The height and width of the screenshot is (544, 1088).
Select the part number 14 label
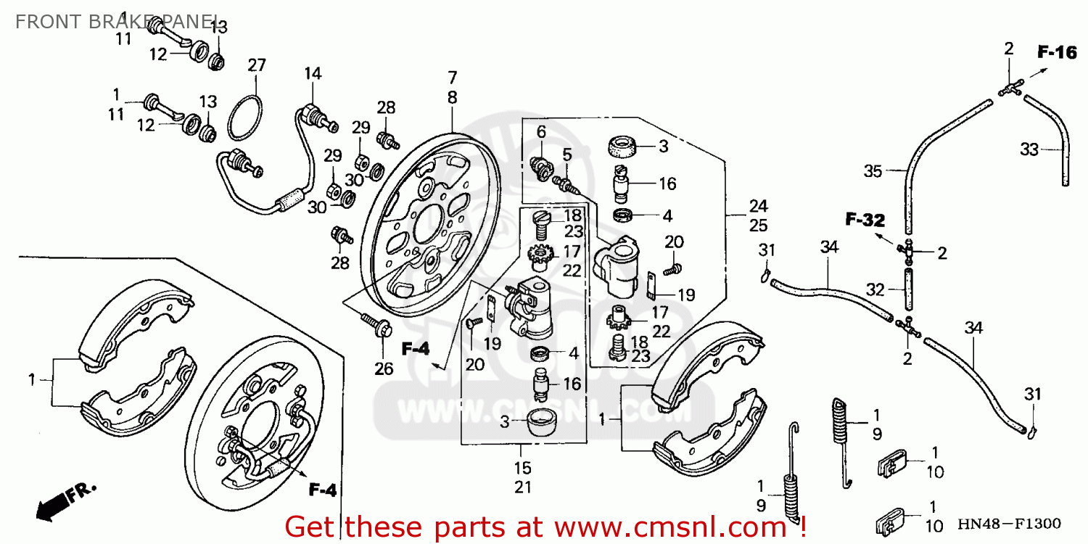[x=313, y=74]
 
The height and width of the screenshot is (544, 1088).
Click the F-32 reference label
[x=865, y=219]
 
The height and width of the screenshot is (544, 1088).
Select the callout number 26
[x=384, y=368]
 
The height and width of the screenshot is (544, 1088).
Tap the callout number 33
[x=1029, y=150]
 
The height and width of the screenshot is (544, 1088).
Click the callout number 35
[x=874, y=172]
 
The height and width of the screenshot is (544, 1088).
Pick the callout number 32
[x=875, y=290]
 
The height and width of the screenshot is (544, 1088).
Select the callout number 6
[x=541, y=131]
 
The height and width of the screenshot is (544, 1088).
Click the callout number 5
[x=566, y=154]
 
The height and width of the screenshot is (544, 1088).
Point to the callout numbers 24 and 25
[x=759, y=215]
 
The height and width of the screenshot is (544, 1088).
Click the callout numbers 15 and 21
[x=523, y=477]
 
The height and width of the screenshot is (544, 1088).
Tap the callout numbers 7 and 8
[x=452, y=87]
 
